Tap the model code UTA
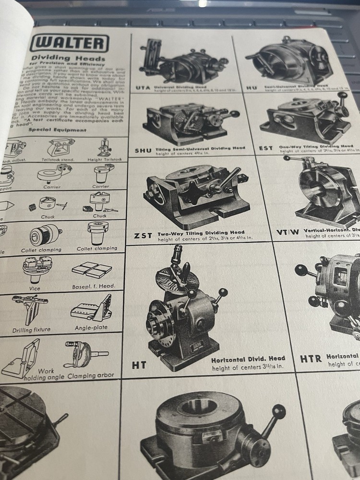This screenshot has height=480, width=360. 143,88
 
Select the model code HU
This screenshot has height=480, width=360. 252,88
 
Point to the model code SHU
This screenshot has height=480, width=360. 143,150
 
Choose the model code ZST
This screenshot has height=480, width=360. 144,235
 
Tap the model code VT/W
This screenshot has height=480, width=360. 288,231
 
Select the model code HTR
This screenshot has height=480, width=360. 311,359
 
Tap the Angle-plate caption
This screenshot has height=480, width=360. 91,328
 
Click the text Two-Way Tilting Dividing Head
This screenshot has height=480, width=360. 200,232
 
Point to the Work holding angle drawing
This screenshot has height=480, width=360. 23,358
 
